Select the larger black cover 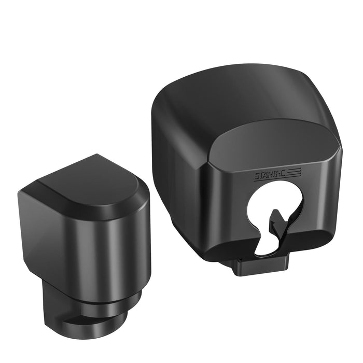tap(244, 156)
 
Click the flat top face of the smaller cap tap(88, 181)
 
